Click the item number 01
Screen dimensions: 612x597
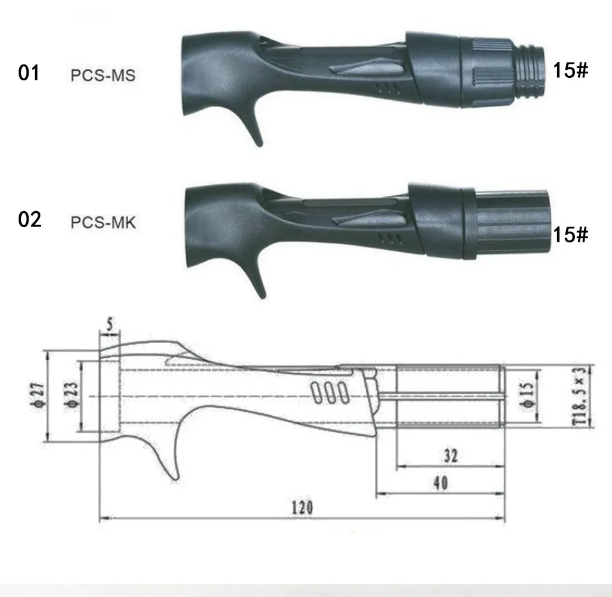tap(29, 73)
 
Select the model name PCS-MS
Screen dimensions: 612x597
tap(103, 75)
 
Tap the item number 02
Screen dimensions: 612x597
tap(30, 219)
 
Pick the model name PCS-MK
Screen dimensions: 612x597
tap(103, 223)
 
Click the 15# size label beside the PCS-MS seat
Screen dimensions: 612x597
tap(570, 70)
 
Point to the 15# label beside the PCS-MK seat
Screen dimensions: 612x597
tap(570, 234)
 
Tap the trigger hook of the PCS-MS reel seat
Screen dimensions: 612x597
tap(252, 125)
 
